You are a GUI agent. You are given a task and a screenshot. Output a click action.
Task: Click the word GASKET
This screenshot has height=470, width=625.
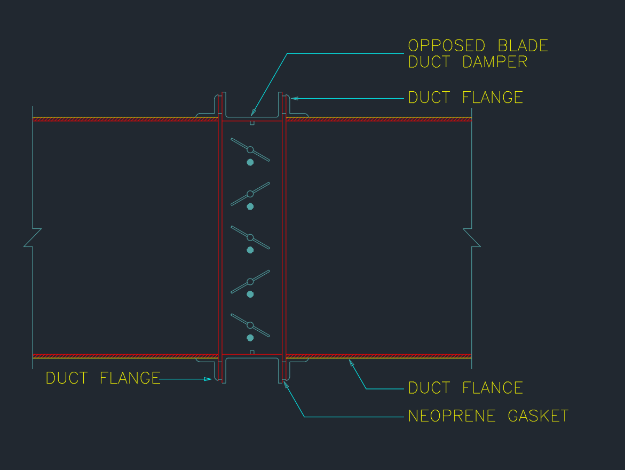(538, 416)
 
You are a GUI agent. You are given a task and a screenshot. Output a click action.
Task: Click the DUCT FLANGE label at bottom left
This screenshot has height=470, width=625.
(103, 378)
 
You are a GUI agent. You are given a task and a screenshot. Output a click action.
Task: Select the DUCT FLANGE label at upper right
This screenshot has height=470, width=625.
(465, 98)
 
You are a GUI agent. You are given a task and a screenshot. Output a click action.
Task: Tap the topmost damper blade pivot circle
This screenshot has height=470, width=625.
(250, 149)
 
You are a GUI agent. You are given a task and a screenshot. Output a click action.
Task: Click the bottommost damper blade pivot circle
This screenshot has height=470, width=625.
(250, 325)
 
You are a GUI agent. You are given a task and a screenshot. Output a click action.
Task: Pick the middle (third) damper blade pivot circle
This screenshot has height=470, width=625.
(250, 237)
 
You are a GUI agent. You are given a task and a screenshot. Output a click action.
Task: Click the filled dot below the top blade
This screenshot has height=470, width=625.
(250, 162)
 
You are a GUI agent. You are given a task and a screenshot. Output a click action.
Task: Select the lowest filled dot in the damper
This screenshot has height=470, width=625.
(250, 338)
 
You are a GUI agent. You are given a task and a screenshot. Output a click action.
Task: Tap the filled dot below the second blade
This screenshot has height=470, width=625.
(250, 206)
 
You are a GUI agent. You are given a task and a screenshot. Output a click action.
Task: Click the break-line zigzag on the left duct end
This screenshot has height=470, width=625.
(33, 238)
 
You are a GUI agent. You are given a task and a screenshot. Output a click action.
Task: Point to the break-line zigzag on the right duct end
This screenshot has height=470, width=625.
(471, 238)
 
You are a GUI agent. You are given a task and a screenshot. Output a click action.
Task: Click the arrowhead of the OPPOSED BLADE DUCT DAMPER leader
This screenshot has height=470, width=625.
(253, 113)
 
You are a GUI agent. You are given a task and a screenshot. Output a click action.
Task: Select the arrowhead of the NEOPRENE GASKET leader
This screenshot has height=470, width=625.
(286, 383)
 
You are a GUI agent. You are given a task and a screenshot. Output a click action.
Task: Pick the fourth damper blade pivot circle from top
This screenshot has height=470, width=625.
(250, 281)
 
